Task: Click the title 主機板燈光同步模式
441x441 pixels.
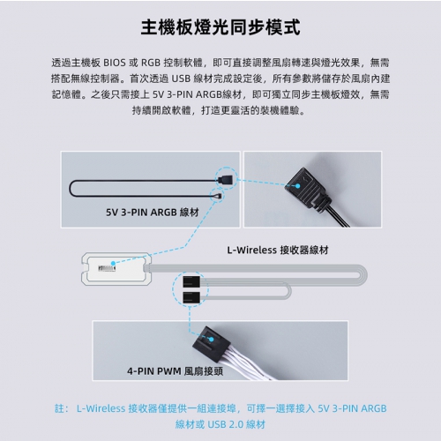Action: pyautogui.click(x=220, y=27)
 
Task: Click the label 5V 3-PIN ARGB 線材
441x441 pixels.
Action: pyautogui.click(x=153, y=212)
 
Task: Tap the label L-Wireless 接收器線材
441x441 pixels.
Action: pyautogui.click(x=278, y=250)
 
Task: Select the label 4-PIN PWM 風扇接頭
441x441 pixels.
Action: pyautogui.click(x=175, y=371)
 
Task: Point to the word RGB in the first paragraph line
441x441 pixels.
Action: pyautogui.click(x=151, y=63)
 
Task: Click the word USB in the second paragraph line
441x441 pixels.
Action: pyautogui.click(x=181, y=78)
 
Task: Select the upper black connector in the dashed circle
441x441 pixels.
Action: pyautogui.click(x=191, y=281)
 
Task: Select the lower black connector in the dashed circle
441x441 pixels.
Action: pyautogui.click(x=191, y=298)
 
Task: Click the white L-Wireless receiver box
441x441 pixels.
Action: pyautogui.click(x=116, y=269)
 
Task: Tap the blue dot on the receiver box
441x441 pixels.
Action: pyautogui.click(x=113, y=263)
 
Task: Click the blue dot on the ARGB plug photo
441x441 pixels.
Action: pyautogui.click(x=297, y=186)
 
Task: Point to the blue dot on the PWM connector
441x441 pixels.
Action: pyautogui.click(x=211, y=340)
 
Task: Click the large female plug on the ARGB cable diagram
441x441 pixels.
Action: pyautogui.click(x=227, y=179)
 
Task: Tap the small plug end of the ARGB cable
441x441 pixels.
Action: pyautogui.click(x=218, y=196)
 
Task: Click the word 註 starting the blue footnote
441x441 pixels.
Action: pyautogui.click(x=60, y=408)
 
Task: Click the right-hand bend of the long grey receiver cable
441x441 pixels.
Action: pyautogui.click(x=364, y=275)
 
